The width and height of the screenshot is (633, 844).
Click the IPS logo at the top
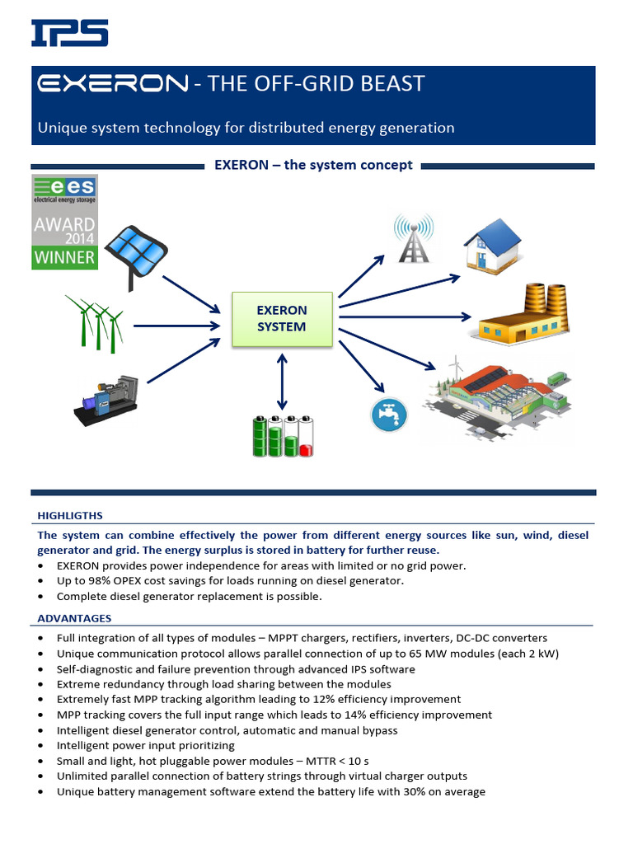pos(70,33)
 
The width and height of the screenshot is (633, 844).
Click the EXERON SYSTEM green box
pos(282,319)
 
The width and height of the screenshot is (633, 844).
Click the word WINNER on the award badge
pos(64,256)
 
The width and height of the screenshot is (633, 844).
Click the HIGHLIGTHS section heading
pos(70,515)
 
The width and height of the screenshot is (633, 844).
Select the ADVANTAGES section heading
pos(74,618)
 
